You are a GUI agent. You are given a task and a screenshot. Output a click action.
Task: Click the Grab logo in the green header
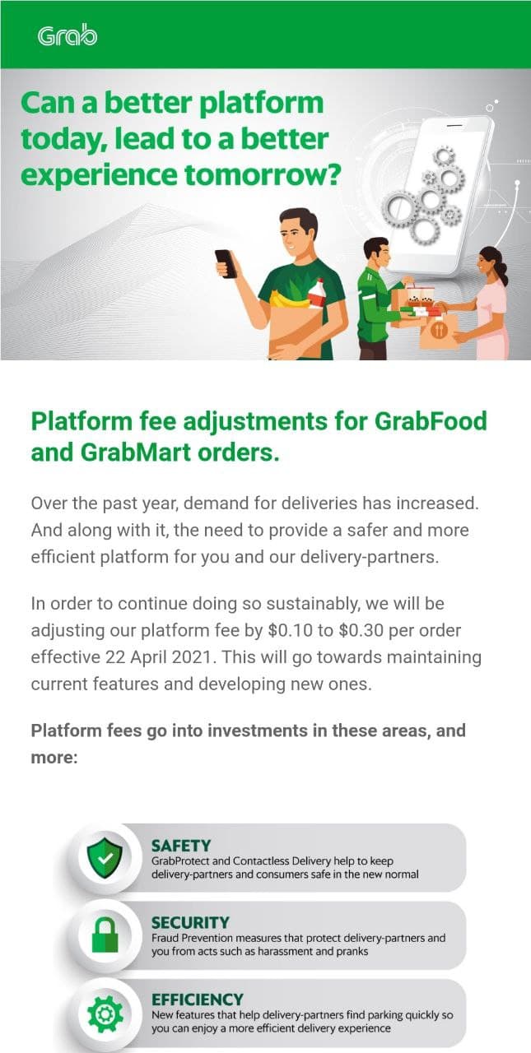click(x=68, y=36)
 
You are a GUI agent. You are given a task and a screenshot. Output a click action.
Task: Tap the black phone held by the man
click(x=226, y=264)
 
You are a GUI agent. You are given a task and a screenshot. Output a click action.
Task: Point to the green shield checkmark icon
click(x=105, y=858)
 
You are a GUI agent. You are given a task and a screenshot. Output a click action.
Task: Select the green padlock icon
click(x=105, y=935)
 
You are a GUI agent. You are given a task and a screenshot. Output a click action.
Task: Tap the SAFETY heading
click(x=181, y=847)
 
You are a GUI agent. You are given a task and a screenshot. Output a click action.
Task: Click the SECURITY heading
click(x=190, y=923)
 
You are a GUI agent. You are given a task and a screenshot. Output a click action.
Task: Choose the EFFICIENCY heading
click(x=198, y=1000)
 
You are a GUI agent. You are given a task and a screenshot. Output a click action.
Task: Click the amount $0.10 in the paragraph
click(x=290, y=630)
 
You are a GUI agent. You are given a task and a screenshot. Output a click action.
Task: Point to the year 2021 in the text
click(x=192, y=657)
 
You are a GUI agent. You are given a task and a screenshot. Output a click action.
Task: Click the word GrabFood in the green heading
click(x=431, y=420)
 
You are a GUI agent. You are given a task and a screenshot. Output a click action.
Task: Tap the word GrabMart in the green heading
click(x=136, y=452)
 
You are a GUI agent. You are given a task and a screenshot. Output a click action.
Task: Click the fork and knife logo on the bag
click(x=438, y=330)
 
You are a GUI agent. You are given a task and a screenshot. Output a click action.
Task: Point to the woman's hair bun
click(x=503, y=274)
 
